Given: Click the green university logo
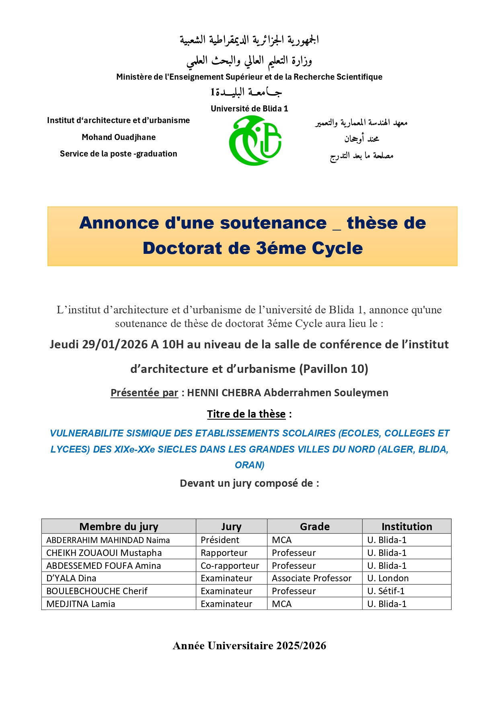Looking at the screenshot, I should point(255,140).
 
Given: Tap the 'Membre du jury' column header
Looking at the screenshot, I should point(119,527).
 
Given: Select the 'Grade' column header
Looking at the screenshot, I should point(314,527).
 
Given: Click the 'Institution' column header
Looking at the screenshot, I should point(407,527).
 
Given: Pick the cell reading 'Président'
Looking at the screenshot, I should point(220,540).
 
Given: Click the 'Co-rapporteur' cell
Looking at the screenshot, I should point(230,566).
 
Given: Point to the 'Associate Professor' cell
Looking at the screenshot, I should point(312,578).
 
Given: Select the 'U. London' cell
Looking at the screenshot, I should point(388,578).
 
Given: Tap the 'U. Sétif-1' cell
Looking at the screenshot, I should point(386,591).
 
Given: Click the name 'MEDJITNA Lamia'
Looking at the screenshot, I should point(81,604).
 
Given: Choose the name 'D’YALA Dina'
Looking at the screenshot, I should point(71,578).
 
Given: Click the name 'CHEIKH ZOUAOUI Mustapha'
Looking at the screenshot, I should point(104,553).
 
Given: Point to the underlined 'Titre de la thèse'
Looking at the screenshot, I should point(246,414).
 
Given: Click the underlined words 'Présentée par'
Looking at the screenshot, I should point(144,393).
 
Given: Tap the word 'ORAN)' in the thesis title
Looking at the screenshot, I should point(249,465).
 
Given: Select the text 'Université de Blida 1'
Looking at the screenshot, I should point(249,109).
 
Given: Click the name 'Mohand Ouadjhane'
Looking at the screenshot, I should point(119,137).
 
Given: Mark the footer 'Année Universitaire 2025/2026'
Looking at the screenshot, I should point(249,646).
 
